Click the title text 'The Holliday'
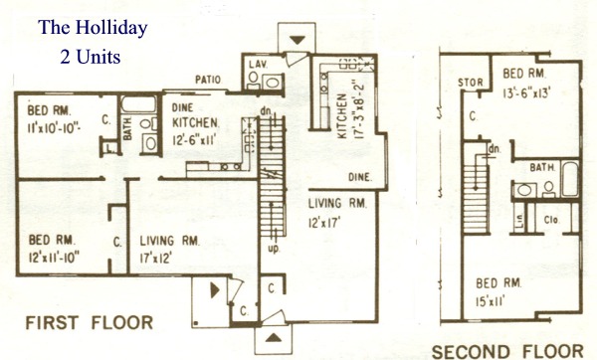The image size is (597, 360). pyautogui.click(x=93, y=28)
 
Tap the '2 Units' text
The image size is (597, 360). pyautogui.click(x=91, y=57)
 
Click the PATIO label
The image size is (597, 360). pyautogui.click(x=208, y=80)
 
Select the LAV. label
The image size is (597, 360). pyautogui.click(x=258, y=65)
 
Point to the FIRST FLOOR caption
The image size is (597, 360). pyautogui.click(x=90, y=322)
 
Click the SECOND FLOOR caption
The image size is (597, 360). pyautogui.click(x=507, y=352)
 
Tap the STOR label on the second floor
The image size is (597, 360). pyautogui.click(x=471, y=83)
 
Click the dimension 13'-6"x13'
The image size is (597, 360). pyautogui.click(x=527, y=93)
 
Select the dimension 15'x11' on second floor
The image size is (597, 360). pyautogui.click(x=491, y=301)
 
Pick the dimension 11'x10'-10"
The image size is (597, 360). pyautogui.click(x=54, y=128)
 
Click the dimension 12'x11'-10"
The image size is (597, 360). pyautogui.click(x=54, y=258)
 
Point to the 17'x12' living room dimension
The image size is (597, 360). pyautogui.click(x=156, y=258)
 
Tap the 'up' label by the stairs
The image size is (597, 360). pyautogui.click(x=274, y=250)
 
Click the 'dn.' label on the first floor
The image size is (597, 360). pyautogui.click(x=266, y=111)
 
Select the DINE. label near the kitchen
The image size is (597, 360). pyautogui.click(x=360, y=177)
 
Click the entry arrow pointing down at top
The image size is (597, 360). pyautogui.click(x=298, y=40)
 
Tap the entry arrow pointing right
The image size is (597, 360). pyautogui.click(x=215, y=290)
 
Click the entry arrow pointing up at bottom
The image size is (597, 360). pyautogui.click(x=274, y=337)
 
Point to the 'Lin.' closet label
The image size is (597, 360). pyautogui.click(x=520, y=220)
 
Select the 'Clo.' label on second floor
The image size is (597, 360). pyautogui.click(x=551, y=220)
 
